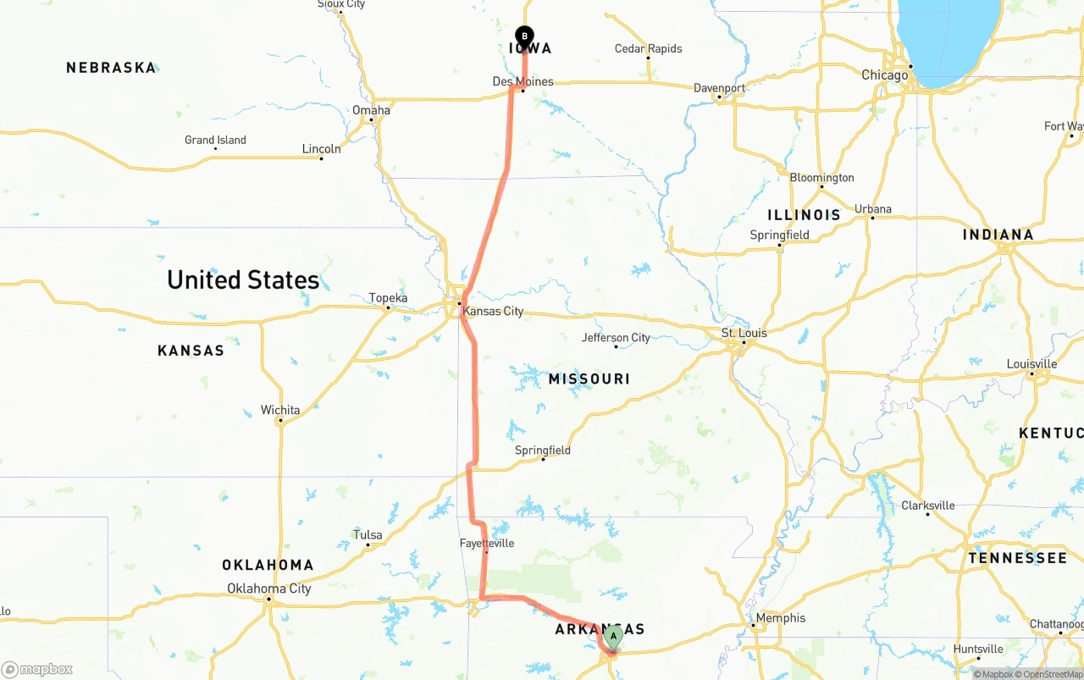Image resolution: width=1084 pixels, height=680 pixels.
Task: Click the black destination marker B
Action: (524, 36)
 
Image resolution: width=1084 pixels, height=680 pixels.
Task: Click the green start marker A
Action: (613, 636)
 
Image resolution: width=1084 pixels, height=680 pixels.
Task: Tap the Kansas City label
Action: (493, 311)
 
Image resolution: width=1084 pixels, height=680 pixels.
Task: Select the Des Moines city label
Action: (523, 81)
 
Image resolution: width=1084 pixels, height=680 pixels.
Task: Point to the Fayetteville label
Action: (487, 543)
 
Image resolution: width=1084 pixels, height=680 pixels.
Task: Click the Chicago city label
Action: (884, 75)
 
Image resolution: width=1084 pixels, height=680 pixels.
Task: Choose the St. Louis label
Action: (744, 333)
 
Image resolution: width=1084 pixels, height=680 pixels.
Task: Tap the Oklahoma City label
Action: (268, 589)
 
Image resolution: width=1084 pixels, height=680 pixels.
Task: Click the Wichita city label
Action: (279, 410)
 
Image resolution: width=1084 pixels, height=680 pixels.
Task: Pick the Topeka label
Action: (388, 297)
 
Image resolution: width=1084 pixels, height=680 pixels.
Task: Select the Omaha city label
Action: (371, 110)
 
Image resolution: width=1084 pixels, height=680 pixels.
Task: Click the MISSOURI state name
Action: (589, 379)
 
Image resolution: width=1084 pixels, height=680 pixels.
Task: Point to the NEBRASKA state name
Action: (111, 67)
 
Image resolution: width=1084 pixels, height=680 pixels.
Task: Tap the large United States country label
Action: (243, 279)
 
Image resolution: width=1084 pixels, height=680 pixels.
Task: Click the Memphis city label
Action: (781, 617)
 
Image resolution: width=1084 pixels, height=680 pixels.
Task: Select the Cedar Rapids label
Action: (648, 48)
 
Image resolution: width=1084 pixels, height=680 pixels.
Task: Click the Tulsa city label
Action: (368, 534)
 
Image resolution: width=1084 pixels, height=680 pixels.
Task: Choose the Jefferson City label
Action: (616, 337)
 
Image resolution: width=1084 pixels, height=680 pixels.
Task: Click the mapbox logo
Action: (37, 669)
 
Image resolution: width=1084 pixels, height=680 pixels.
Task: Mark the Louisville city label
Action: (1031, 364)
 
